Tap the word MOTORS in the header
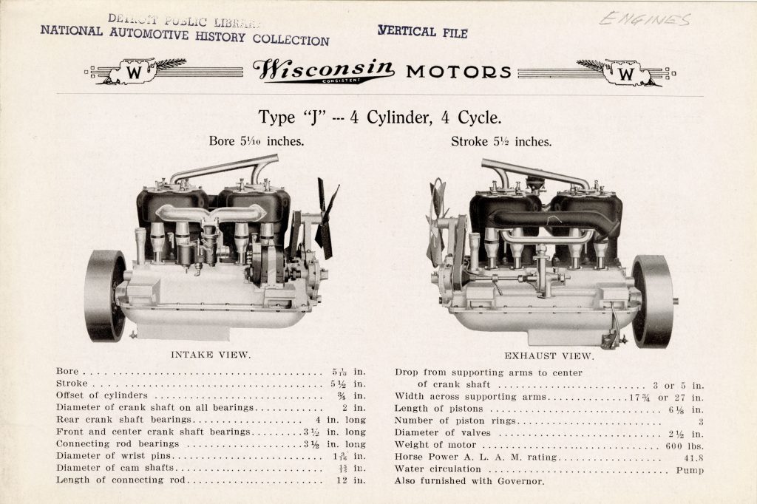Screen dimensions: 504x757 (458, 72)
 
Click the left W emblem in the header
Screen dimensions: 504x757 (135, 72)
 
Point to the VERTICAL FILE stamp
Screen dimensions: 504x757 (422, 32)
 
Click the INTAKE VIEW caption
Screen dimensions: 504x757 (211, 355)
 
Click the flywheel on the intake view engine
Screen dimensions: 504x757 (105, 295)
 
